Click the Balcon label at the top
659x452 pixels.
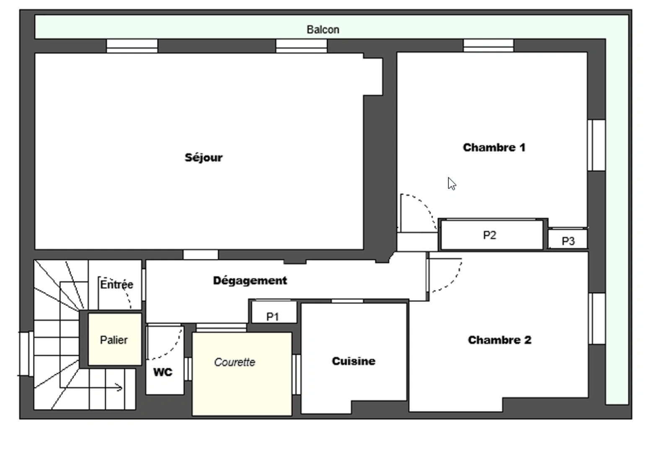click(x=323, y=30)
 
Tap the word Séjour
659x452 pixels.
click(x=204, y=158)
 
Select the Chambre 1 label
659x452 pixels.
click(x=494, y=147)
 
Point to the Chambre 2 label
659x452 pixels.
click(x=499, y=340)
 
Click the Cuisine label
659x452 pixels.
click(x=354, y=361)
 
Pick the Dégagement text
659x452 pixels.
click(x=250, y=280)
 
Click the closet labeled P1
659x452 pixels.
click(x=273, y=317)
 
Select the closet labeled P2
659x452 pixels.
click(x=489, y=235)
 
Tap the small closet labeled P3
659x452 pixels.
click(x=568, y=241)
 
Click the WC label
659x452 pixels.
click(x=163, y=372)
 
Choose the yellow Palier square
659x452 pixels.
click(x=114, y=339)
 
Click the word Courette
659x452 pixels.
click(x=235, y=362)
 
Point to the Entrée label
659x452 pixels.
click(x=116, y=285)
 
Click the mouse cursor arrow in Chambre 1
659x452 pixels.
click(x=451, y=183)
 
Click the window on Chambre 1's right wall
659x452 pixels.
click(x=596, y=145)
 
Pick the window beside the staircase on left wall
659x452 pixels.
click(x=26, y=354)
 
